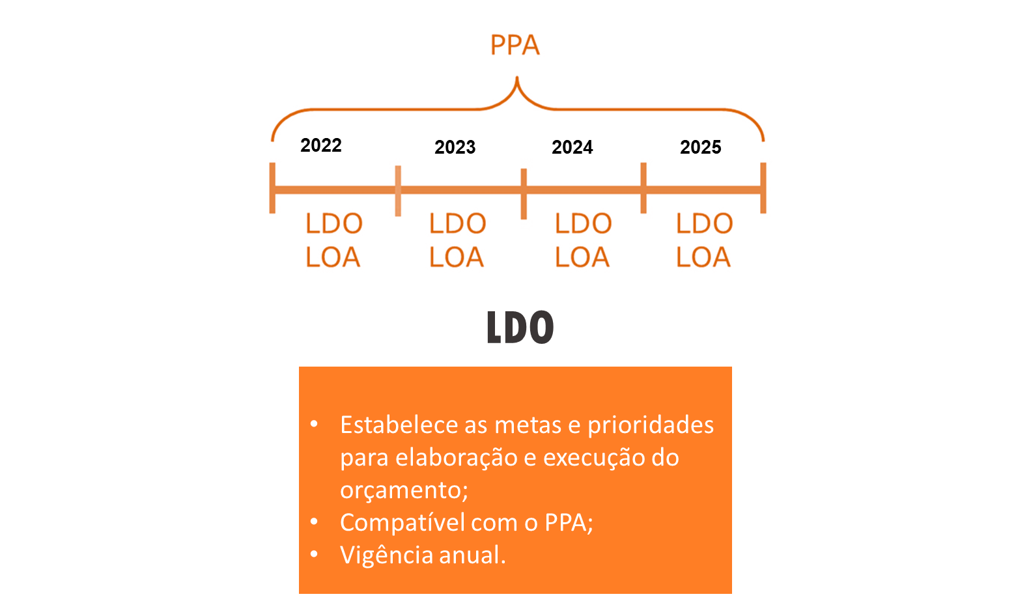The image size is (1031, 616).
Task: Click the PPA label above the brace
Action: tap(515, 45)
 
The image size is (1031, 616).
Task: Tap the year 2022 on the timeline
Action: tap(321, 145)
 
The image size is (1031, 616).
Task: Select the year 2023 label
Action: tap(455, 147)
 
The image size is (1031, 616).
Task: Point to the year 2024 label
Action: tap(572, 147)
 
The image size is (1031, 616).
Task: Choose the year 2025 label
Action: tap(701, 147)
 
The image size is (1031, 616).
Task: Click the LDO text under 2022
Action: tap(334, 223)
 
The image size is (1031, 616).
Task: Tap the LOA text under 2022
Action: tap(333, 257)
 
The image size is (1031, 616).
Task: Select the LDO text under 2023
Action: tap(457, 223)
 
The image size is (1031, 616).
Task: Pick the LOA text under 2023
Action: tap(456, 257)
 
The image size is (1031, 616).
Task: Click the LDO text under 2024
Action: tap(583, 223)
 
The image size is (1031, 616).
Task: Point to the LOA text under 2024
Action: tap(582, 257)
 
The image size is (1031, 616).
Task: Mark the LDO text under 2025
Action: tap(704, 223)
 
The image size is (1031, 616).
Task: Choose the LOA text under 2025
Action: tap(703, 257)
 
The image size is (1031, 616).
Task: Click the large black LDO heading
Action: tap(520, 327)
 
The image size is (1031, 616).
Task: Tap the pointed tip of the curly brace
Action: tap(517, 77)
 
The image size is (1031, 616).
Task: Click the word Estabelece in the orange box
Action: tap(399, 425)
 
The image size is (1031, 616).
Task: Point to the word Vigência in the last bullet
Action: tap(387, 555)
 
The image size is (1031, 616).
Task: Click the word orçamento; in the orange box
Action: tap(404, 490)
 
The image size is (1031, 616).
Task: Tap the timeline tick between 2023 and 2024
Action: tap(524, 193)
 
